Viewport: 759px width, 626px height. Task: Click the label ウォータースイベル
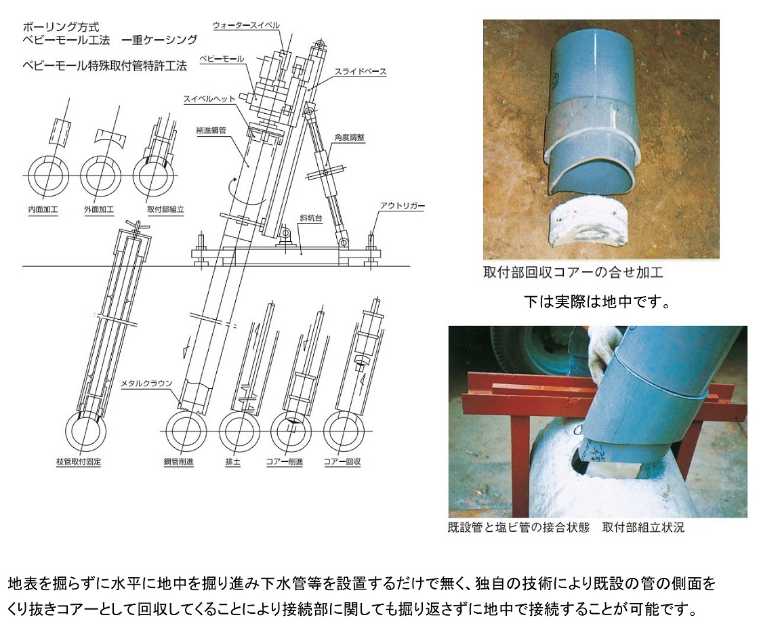247,25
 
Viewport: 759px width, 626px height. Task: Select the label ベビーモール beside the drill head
222,59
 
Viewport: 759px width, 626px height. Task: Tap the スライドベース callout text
361,72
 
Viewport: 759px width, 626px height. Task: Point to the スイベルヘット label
209,99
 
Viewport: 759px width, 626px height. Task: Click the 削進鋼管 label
211,130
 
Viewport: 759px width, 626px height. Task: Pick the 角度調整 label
349,138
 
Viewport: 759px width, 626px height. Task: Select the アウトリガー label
403,205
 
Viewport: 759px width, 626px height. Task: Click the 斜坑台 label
311,217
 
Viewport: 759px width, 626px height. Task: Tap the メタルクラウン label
146,383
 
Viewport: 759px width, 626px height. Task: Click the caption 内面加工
43,209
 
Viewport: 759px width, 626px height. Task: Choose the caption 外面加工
99,209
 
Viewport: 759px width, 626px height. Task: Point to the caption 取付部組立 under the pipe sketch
165,209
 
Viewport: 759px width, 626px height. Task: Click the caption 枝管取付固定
79,461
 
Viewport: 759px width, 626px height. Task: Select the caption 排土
233,461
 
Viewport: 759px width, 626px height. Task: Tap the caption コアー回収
342,461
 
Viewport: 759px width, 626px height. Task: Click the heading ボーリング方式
61,27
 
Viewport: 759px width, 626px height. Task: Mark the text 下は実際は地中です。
598,302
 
